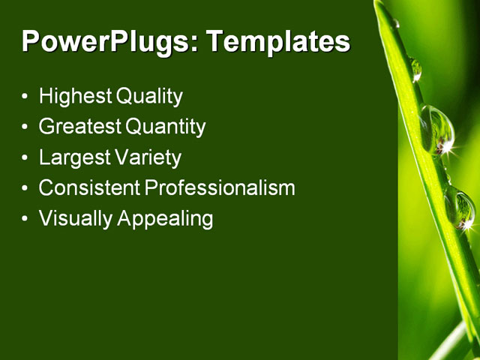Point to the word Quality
(x=148, y=97)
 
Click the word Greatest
(x=80, y=127)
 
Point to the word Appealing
(x=165, y=219)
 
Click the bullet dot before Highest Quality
(x=25, y=97)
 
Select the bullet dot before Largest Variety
(x=25, y=158)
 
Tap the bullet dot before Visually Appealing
(x=25, y=220)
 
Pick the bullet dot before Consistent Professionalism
(x=25, y=189)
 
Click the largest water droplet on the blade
(x=436, y=129)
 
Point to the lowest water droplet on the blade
(x=460, y=208)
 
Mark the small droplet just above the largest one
(x=415, y=70)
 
